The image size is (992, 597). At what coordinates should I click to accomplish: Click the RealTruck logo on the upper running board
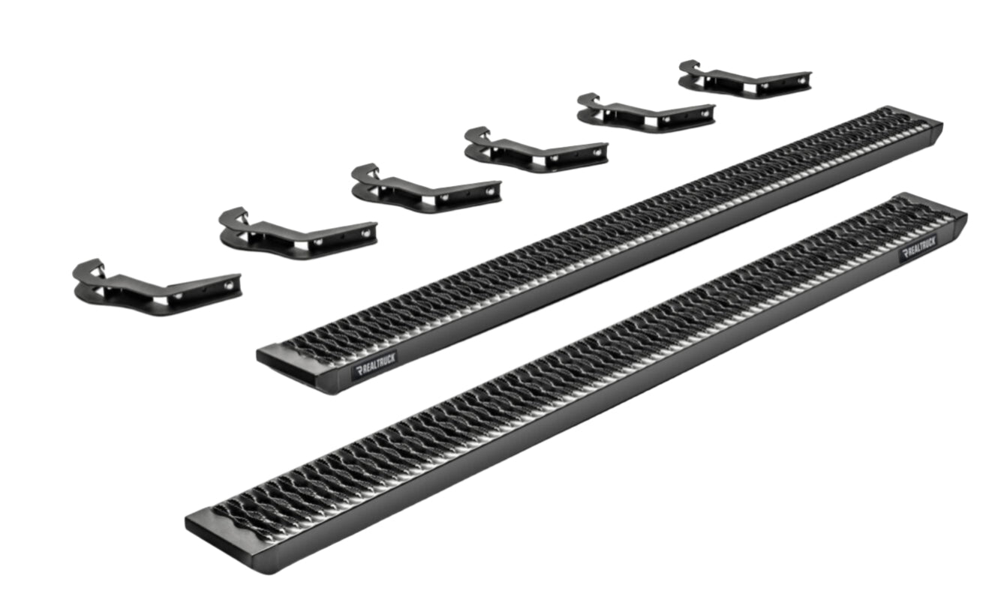(x=375, y=365)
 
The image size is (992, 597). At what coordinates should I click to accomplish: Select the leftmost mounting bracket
(x=158, y=288)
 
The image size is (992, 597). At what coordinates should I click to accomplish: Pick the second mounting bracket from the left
(x=298, y=234)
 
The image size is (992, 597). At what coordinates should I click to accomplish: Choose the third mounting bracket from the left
(x=426, y=189)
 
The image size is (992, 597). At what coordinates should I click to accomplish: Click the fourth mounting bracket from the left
(x=536, y=150)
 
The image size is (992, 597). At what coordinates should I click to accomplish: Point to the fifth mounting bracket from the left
(x=645, y=113)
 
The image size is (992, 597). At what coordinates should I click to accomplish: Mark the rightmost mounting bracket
(x=745, y=79)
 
